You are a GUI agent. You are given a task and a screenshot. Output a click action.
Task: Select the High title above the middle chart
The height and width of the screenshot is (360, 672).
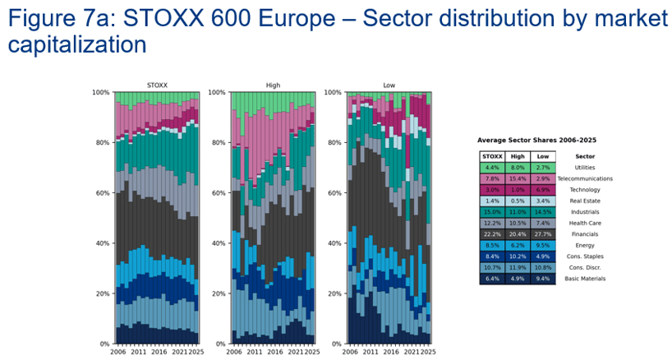click(x=273, y=85)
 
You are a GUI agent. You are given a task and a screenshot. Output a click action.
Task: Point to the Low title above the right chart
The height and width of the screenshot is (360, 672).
click(x=389, y=85)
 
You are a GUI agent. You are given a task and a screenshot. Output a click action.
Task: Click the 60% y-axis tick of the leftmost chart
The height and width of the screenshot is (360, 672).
click(x=102, y=193)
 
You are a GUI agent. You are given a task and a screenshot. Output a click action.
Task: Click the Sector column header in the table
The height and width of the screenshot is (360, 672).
click(x=585, y=155)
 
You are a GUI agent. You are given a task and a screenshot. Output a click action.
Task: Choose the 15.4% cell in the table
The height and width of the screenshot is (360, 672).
click(x=516, y=178)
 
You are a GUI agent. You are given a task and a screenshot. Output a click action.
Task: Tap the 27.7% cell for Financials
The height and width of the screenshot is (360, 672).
click(x=541, y=233)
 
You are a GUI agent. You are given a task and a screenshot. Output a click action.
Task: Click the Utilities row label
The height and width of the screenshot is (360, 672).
click(x=585, y=167)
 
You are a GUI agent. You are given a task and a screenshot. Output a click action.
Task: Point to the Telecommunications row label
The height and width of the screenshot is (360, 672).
click(x=585, y=178)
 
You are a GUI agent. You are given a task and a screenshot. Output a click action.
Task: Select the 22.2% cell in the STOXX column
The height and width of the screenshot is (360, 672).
click(x=490, y=233)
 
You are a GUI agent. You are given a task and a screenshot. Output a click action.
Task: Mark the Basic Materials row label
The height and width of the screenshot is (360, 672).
click(x=585, y=279)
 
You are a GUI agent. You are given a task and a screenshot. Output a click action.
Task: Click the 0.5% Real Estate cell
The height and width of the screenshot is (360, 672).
click(x=516, y=201)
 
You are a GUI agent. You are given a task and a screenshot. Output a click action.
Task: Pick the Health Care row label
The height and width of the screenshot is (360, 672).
click(x=585, y=223)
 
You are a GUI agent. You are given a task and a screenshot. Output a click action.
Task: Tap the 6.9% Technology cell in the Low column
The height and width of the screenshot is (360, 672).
click(x=541, y=189)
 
